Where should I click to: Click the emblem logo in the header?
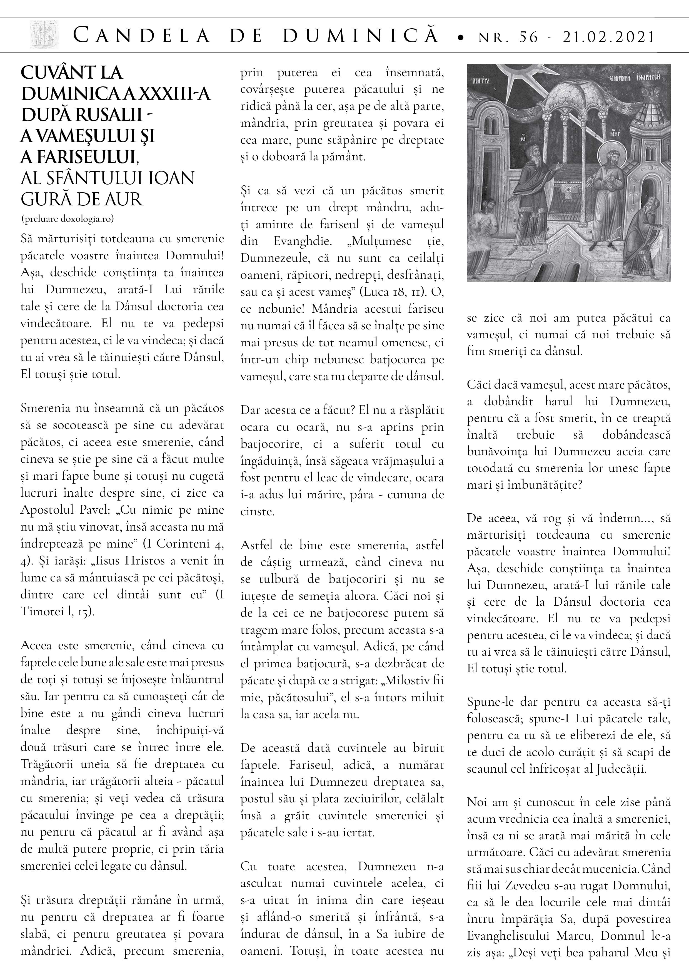tap(44, 36)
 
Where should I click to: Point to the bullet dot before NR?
tap(460, 39)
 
